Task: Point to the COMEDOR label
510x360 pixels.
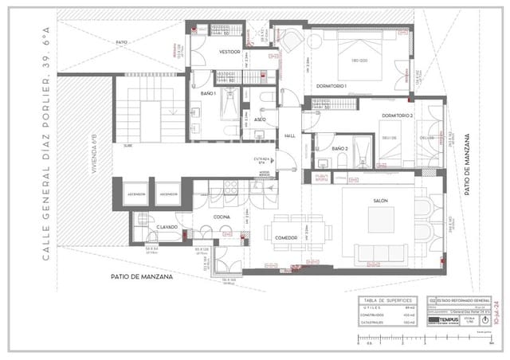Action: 286,237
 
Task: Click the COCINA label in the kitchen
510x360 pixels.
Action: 222,217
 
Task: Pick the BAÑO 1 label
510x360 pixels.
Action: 208,94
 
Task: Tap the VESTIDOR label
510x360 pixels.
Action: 208,50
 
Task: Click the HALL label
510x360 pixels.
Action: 290,136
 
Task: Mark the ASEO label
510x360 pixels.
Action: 260,119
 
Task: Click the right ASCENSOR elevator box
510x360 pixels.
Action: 167,194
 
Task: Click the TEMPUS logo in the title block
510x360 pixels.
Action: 448,320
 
